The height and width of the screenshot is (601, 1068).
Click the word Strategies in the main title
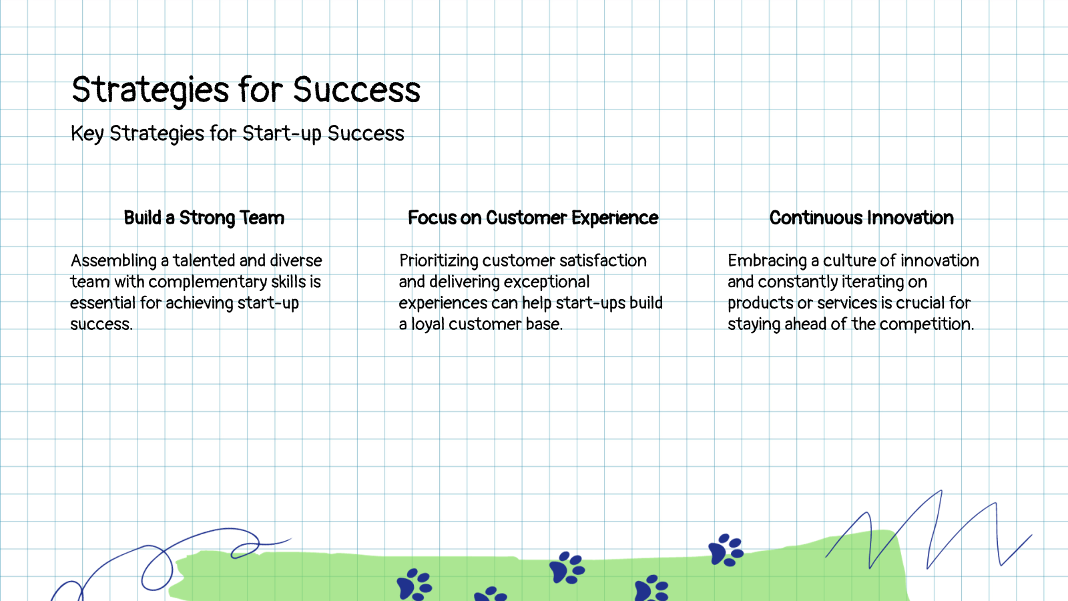tap(150, 90)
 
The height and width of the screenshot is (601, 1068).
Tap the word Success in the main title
tap(356, 90)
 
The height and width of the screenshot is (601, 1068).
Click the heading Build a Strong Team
tap(204, 218)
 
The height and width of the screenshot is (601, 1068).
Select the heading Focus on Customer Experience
tap(533, 218)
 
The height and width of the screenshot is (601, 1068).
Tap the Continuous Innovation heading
tap(861, 218)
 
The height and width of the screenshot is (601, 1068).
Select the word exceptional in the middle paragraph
tap(547, 282)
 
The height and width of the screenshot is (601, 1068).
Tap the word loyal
tap(427, 324)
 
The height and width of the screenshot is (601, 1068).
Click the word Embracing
tap(767, 260)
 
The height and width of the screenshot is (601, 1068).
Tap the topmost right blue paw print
tap(725, 550)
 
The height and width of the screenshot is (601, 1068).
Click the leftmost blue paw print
tap(413, 584)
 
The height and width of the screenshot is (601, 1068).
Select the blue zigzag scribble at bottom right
tap(934, 534)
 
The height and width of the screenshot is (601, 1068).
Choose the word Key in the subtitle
tap(87, 134)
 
